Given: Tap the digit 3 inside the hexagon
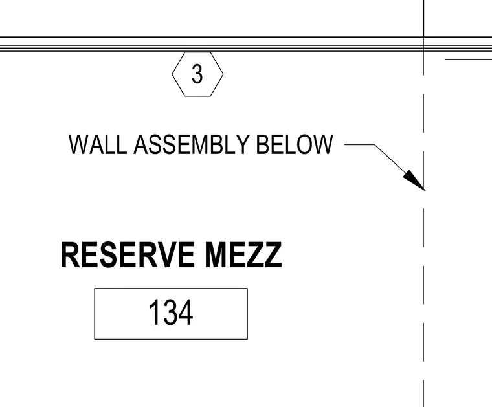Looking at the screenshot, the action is click(x=197, y=74).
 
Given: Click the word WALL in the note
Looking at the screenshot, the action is click(x=98, y=144).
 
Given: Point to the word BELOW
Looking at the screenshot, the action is click(x=295, y=144).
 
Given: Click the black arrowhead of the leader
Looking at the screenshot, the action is click(x=414, y=181).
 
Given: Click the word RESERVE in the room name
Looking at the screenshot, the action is click(x=128, y=255).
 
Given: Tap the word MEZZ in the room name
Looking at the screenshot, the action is click(x=243, y=255).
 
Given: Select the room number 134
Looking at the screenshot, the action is click(x=171, y=313).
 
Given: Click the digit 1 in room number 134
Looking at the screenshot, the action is click(x=154, y=313).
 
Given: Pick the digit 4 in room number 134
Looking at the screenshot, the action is click(x=186, y=313).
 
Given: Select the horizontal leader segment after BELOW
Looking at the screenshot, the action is click(x=359, y=144).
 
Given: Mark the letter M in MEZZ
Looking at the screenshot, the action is click(x=215, y=255).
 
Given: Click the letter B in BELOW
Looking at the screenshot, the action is click(x=262, y=144).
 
